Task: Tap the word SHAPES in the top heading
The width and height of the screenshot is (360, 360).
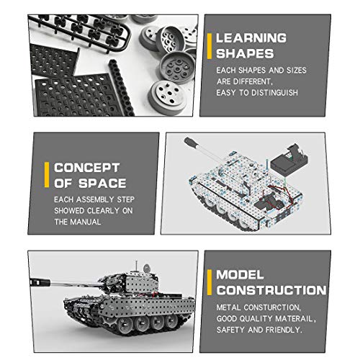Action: [245, 53]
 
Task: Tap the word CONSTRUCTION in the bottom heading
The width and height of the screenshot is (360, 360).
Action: [271, 290]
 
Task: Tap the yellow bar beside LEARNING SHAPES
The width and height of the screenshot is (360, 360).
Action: [210, 45]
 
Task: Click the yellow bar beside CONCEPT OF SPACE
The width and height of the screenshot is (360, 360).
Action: [48, 175]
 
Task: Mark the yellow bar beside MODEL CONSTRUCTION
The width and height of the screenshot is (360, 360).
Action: [210, 282]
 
